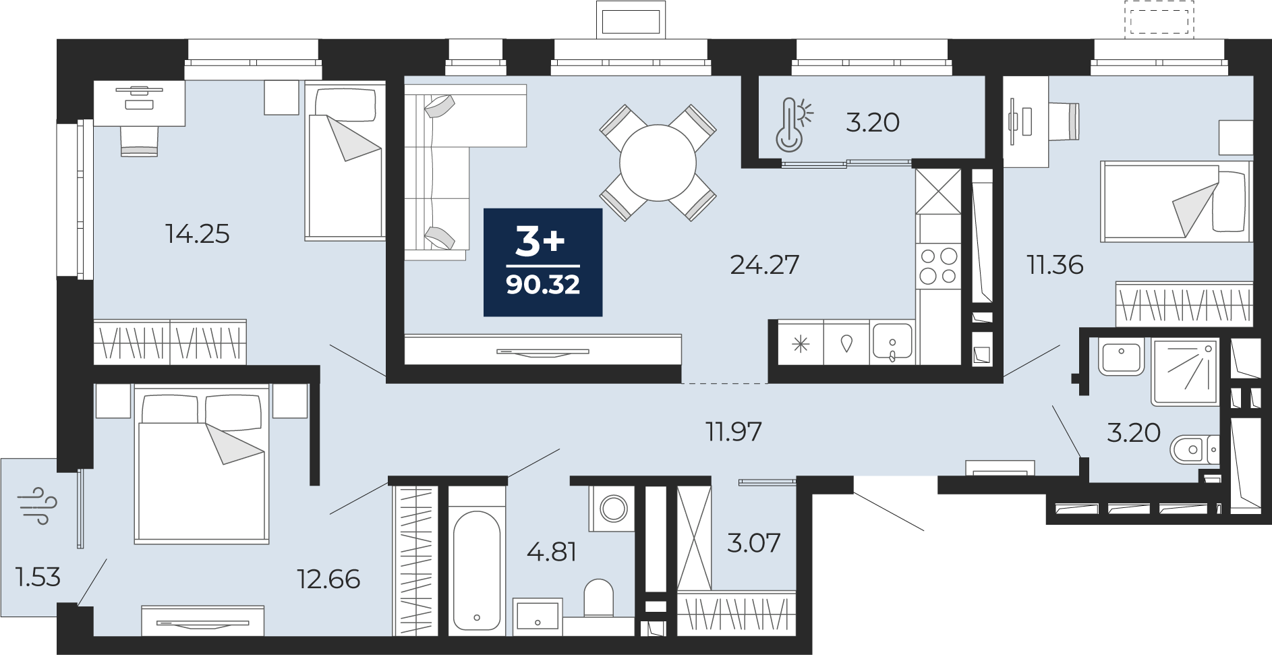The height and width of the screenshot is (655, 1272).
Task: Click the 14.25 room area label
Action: [198, 234]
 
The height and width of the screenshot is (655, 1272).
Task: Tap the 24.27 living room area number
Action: [764, 265]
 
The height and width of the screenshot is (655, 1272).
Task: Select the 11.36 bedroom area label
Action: [1055, 265]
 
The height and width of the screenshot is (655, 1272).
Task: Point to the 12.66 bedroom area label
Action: [328, 579]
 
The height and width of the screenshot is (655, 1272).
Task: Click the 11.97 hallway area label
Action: [733, 432]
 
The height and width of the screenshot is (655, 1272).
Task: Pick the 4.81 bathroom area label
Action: [552, 552]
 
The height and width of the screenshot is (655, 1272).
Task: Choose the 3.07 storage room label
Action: [753, 542]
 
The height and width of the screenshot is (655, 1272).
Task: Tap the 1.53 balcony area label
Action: [38, 577]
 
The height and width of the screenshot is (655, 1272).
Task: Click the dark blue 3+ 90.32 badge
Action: [543, 262]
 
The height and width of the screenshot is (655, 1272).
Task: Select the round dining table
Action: [658, 163]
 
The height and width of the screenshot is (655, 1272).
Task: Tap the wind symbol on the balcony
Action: [38, 505]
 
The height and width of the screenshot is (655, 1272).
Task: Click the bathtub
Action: [477, 570]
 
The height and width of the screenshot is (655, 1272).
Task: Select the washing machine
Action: [612, 507]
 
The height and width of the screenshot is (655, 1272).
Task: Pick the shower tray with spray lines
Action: [1186, 372]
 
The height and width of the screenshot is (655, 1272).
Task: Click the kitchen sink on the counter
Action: [892, 343]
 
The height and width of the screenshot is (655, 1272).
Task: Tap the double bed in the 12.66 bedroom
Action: [202, 464]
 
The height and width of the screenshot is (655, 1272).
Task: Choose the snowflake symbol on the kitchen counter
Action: [801, 345]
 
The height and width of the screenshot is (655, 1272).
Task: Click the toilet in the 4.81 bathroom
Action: [598, 598]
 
